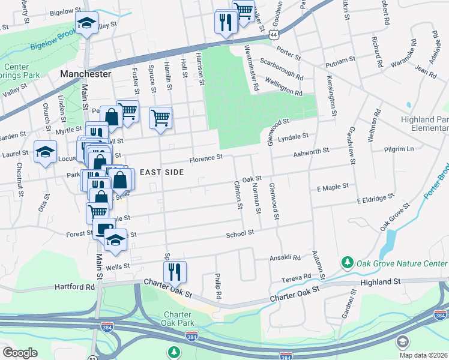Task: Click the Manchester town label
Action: point(86,74)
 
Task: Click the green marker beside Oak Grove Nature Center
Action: point(347,262)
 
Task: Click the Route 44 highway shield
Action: point(274,35)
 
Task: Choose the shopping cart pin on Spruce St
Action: point(161,118)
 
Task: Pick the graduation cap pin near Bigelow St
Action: point(86,23)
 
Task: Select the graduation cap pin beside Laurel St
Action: point(45,152)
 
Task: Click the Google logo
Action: point(20,353)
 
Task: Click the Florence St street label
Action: point(206,158)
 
